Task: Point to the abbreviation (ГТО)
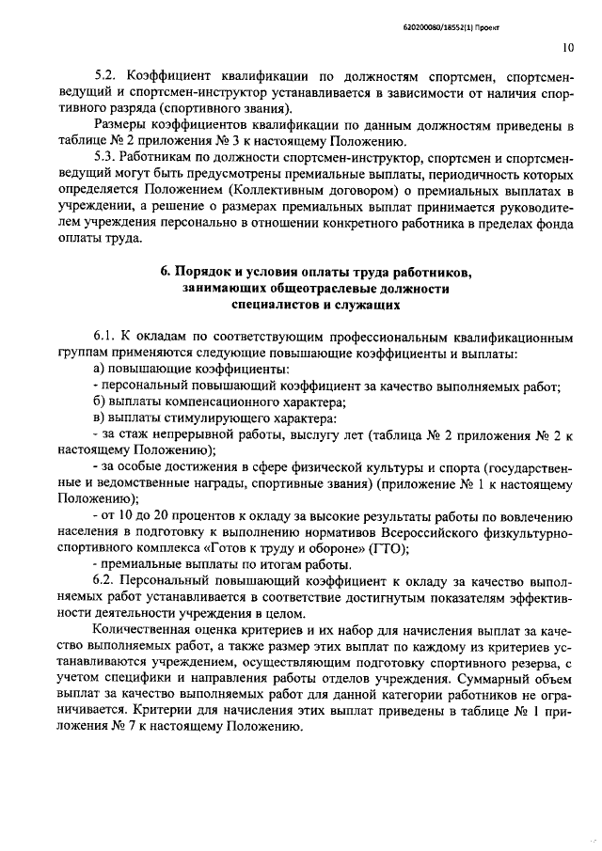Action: coord(384,549)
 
